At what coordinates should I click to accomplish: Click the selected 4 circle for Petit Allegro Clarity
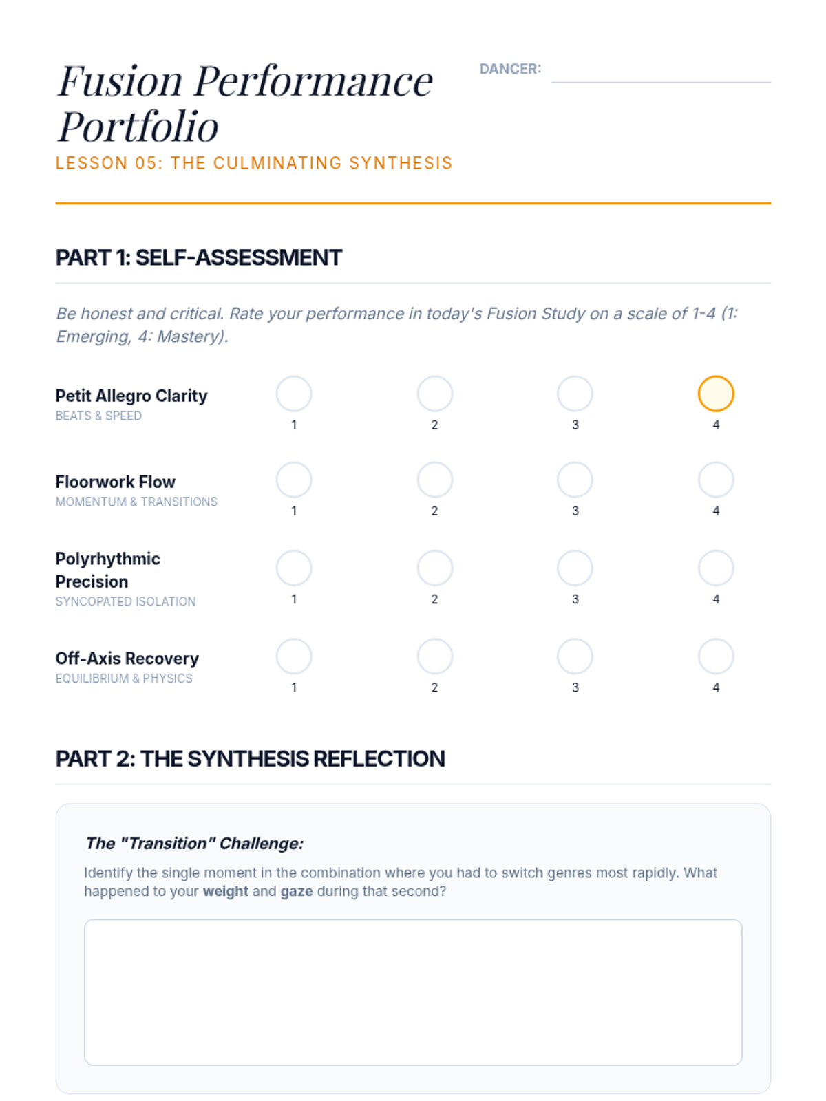click(716, 394)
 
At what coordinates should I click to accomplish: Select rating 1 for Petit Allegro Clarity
click(294, 394)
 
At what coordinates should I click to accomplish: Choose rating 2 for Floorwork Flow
click(435, 480)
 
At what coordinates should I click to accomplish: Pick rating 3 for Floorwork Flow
click(575, 480)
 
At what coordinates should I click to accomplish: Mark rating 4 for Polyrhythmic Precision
click(716, 568)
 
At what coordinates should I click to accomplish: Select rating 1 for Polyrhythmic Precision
click(294, 568)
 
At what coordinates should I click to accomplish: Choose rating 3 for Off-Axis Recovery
click(575, 656)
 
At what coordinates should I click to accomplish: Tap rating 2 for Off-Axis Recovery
click(435, 656)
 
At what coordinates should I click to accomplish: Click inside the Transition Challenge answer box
click(413, 992)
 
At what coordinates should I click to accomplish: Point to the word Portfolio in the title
click(138, 127)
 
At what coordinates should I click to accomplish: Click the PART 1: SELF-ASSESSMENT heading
click(199, 257)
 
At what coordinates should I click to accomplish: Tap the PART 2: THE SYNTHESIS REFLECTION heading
click(251, 758)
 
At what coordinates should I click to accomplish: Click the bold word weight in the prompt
click(225, 891)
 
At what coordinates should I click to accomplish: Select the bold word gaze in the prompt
click(296, 891)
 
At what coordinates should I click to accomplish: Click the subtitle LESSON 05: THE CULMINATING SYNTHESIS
click(254, 163)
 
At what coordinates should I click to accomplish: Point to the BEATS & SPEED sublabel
click(98, 416)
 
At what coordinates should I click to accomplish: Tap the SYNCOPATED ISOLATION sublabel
click(126, 601)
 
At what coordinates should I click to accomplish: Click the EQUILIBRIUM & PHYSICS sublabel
click(124, 678)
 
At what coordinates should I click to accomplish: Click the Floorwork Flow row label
click(116, 482)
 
